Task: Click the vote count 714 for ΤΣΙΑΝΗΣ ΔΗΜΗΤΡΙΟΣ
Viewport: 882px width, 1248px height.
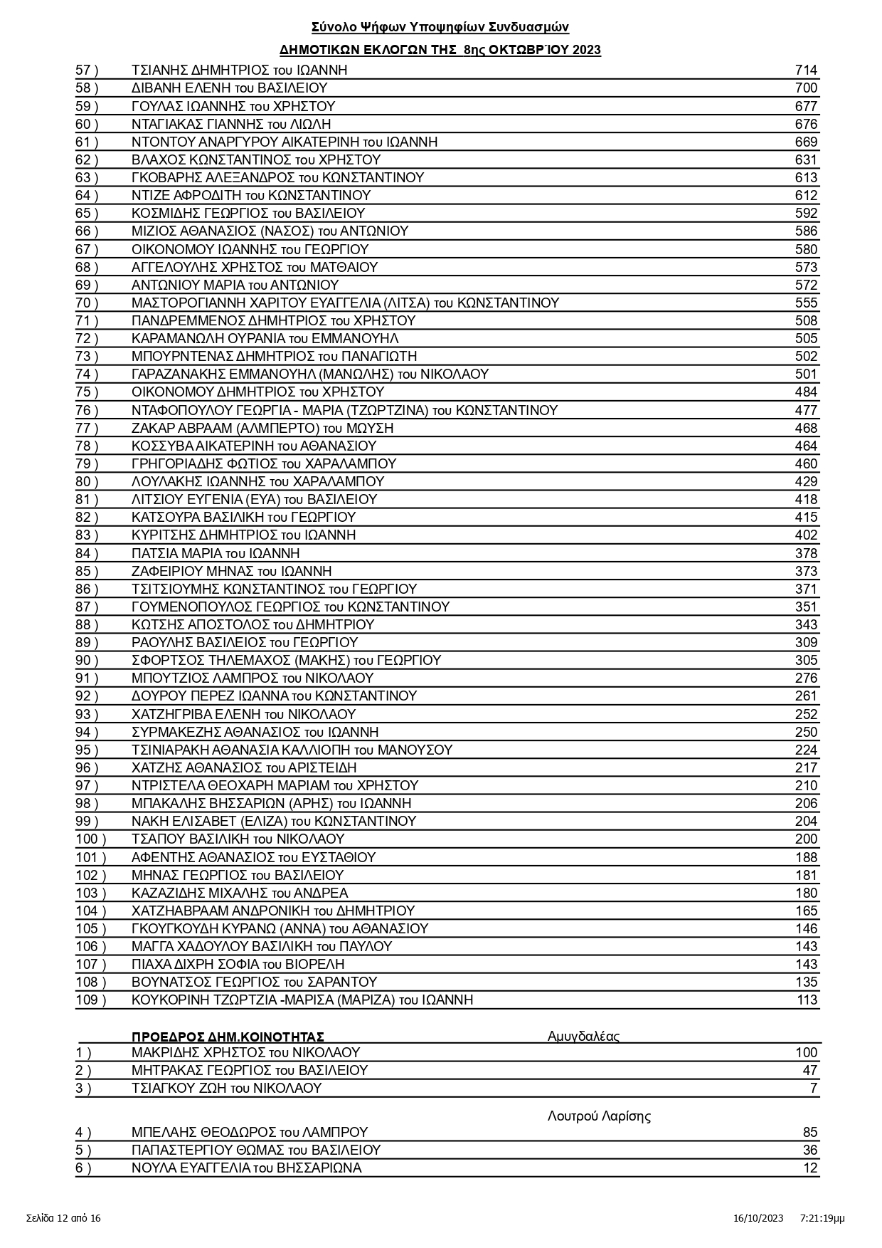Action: (x=806, y=70)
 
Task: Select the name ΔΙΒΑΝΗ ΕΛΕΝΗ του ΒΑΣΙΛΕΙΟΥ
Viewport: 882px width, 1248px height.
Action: (x=229, y=88)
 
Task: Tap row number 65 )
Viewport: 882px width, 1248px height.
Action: (x=87, y=214)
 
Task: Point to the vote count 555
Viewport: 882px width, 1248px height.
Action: (x=806, y=303)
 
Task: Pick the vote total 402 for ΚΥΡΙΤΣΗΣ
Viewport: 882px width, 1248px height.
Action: (x=806, y=535)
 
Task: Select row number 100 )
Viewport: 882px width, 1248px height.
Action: (x=90, y=839)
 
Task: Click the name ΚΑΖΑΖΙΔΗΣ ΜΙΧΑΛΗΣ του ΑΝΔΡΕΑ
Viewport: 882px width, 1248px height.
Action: (x=240, y=893)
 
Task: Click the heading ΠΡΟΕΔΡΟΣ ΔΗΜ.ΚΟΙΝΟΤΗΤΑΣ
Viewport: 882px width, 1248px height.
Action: (x=228, y=1037)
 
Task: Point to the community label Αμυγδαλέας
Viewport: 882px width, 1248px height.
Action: (x=583, y=1037)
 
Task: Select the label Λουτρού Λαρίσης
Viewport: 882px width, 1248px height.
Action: (x=599, y=1116)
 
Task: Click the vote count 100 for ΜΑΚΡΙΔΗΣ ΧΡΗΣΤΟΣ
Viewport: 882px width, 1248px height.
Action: (x=806, y=1053)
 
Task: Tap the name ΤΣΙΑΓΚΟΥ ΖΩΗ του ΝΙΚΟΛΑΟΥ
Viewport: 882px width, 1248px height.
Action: (x=226, y=1089)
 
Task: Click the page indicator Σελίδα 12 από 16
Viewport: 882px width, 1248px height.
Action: (x=63, y=1218)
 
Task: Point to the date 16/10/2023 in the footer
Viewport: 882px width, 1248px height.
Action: (x=758, y=1218)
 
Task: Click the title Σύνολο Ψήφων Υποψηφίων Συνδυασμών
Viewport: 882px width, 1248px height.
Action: (x=440, y=27)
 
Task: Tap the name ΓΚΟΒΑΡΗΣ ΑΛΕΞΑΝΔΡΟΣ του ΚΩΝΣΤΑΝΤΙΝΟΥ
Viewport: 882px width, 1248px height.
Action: (x=277, y=178)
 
